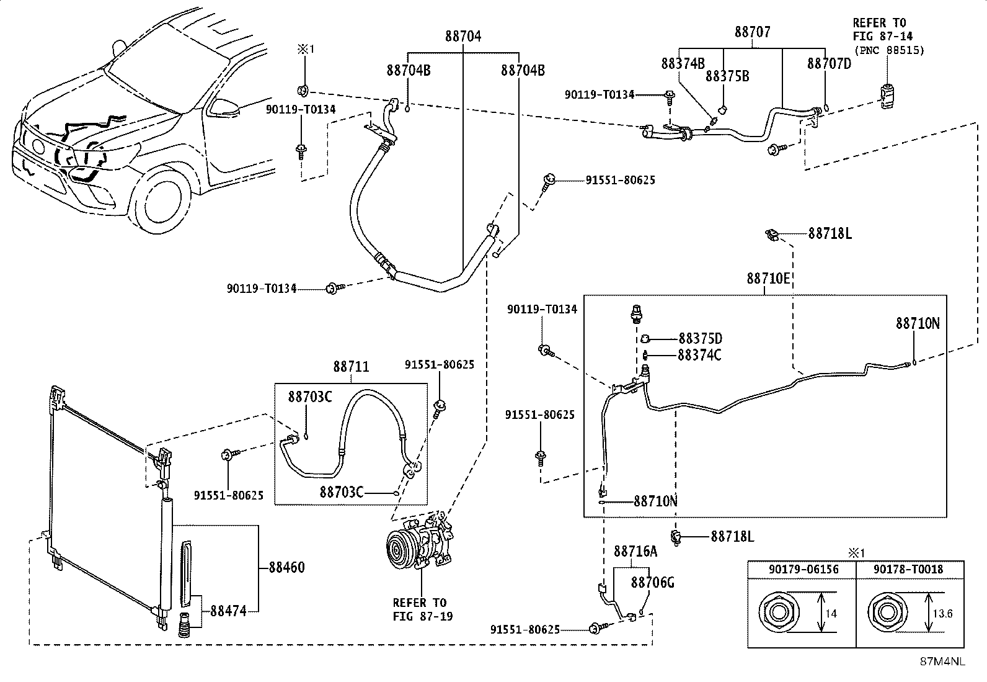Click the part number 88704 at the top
[463, 36]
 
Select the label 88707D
[829, 64]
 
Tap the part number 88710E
[768, 279]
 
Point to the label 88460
[287, 567]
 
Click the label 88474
[228, 611]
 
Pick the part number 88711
[351, 367]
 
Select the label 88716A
[635, 551]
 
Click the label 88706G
[653, 583]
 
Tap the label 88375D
[701, 338]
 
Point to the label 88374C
[700, 355]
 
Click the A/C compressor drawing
[420, 542]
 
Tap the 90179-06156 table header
[803, 570]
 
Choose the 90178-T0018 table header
[908, 570]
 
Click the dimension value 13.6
[942, 614]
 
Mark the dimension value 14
[831, 614]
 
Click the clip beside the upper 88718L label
[772, 236]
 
